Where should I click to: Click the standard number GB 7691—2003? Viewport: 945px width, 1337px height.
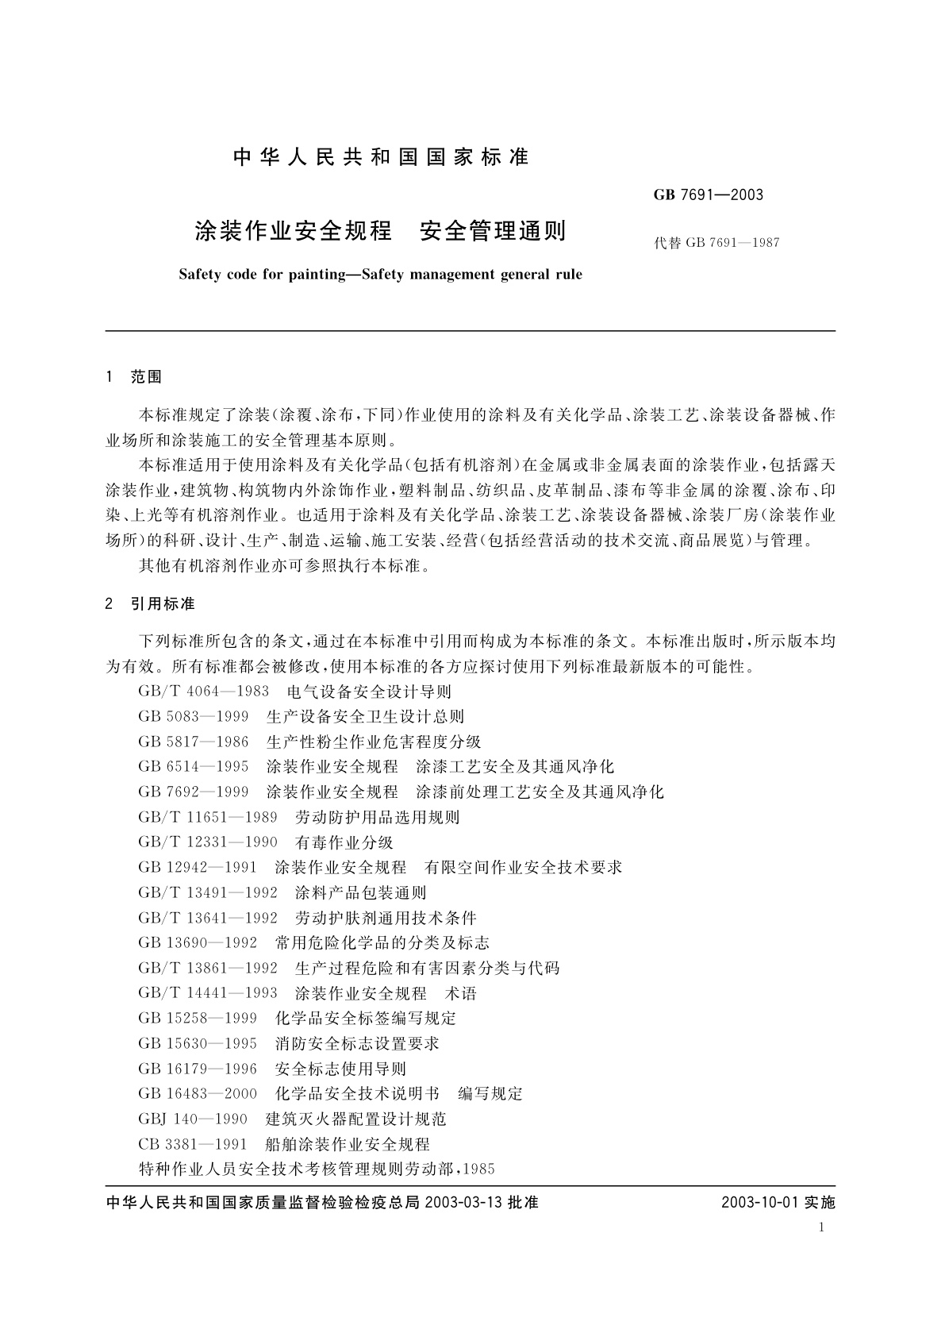point(709,195)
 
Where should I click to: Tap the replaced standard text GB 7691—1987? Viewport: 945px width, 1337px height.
point(716,243)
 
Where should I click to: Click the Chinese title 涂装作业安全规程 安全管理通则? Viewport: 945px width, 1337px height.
point(380,231)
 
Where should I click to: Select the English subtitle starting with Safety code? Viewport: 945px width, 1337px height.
point(380,275)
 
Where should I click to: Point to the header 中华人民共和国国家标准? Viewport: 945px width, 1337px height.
point(380,157)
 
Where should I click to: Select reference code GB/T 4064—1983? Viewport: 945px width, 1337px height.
point(203,692)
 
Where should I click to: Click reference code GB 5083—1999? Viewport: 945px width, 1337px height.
point(193,717)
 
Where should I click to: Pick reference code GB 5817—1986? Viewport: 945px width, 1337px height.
point(193,742)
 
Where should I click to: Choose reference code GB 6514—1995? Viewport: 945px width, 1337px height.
point(193,767)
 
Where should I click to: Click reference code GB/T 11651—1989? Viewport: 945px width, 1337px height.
point(208,817)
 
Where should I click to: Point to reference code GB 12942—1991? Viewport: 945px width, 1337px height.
point(198,867)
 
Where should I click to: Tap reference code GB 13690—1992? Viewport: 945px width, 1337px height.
point(198,942)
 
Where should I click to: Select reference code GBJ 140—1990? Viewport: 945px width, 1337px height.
point(193,1119)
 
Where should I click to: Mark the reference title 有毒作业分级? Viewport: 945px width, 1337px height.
point(344,842)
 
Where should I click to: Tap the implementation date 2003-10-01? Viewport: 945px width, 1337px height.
point(759,1203)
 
